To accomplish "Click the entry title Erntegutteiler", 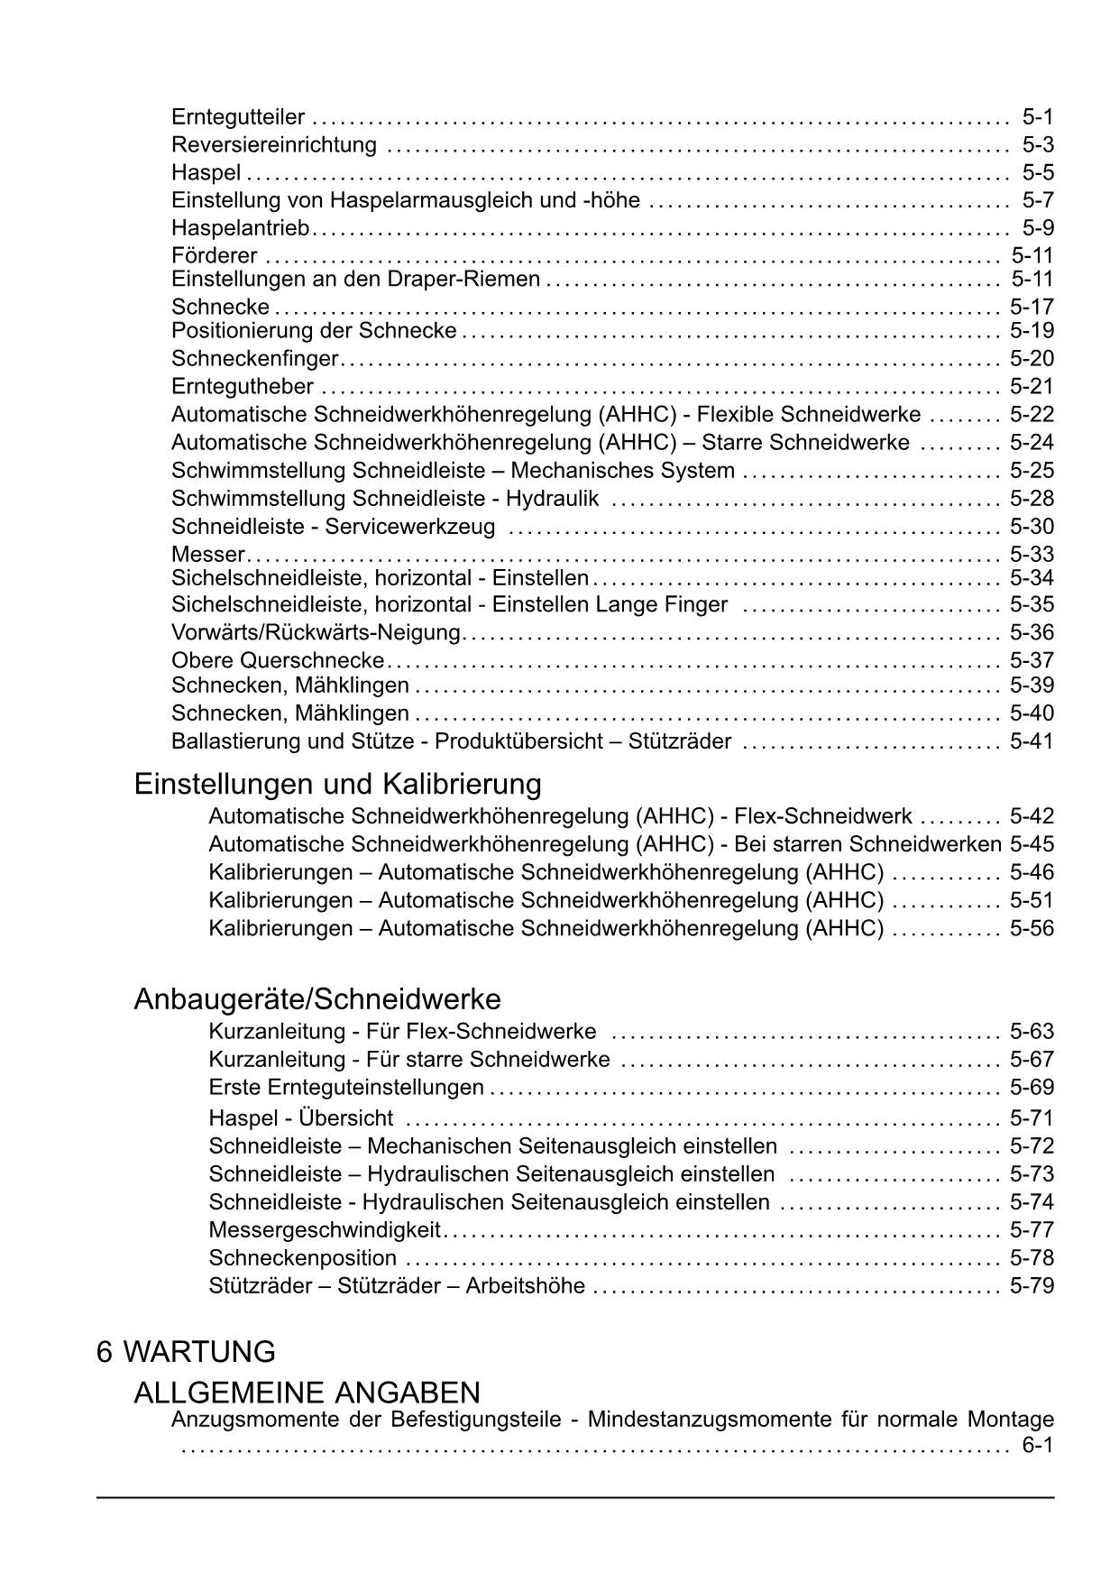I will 238,117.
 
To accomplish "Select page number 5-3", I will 1038,145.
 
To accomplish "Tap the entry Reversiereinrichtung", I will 274,145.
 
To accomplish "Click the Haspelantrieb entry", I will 240,228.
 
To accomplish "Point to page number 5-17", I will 1032,307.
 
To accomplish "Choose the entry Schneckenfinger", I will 254,359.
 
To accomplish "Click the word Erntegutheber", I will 243,387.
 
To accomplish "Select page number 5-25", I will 1032,471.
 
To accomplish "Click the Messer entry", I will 207,554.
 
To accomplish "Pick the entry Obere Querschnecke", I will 278,660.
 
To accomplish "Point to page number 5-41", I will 1032,741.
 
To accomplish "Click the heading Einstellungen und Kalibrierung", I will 337,784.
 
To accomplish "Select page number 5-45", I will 1032,844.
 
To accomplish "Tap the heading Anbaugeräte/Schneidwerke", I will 317,999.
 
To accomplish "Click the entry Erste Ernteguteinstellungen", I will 346,1088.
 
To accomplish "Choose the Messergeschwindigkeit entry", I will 325,1230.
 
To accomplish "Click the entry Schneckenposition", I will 303,1258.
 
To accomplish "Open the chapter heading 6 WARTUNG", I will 186,1352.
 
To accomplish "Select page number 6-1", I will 1038,1447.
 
